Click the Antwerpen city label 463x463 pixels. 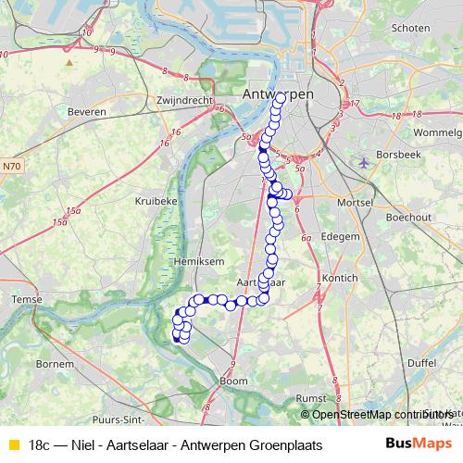point(276,94)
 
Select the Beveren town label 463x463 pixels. point(87,111)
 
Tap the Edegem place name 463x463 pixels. point(340,236)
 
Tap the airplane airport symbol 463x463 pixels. point(363,163)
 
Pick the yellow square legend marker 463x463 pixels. point(12,445)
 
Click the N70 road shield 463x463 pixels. point(11,167)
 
